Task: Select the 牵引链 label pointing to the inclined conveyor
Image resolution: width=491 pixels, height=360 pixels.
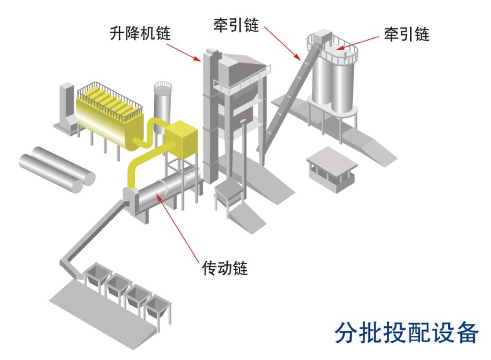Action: [x=236, y=25]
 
